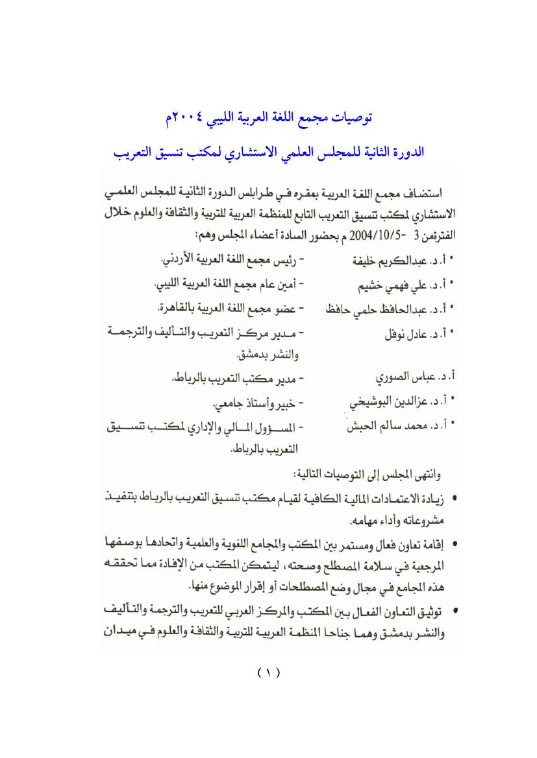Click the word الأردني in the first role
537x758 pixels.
pos(179,260)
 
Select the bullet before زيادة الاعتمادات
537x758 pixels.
pos(454,499)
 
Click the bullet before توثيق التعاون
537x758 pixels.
pos(454,611)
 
